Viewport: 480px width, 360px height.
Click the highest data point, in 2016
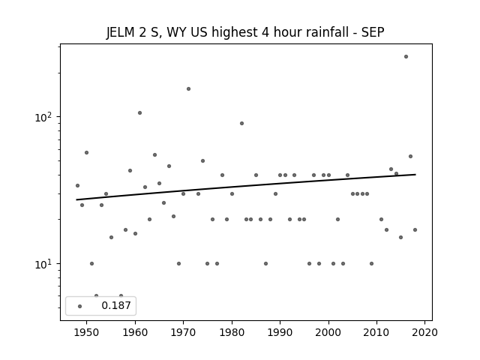pos(406,57)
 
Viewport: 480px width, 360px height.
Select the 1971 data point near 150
pos(188,88)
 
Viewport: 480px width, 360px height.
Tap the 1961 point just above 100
pos(140,113)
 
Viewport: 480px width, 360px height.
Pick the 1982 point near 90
pos(241,123)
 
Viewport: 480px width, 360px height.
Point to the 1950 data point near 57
pos(87,152)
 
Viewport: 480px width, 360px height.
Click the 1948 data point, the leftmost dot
pos(77,185)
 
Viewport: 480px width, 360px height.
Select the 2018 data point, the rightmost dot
pos(415,230)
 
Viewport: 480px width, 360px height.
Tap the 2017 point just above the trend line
pos(410,157)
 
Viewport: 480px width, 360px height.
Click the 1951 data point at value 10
pos(91,263)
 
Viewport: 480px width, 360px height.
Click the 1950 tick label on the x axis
pos(87,332)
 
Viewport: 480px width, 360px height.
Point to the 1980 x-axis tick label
pos(232,332)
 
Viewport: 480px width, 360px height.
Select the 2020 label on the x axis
pos(424,332)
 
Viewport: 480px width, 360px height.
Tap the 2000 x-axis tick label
pos(328,332)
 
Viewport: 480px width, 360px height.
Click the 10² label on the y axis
pos(45,117)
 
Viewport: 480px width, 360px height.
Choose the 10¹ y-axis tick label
pos(45,264)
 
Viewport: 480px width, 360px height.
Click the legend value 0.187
pos(116,305)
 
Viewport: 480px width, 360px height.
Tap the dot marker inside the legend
pos(80,306)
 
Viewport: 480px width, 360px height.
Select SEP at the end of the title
pos(373,32)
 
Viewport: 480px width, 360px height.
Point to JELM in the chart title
pos(120,32)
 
